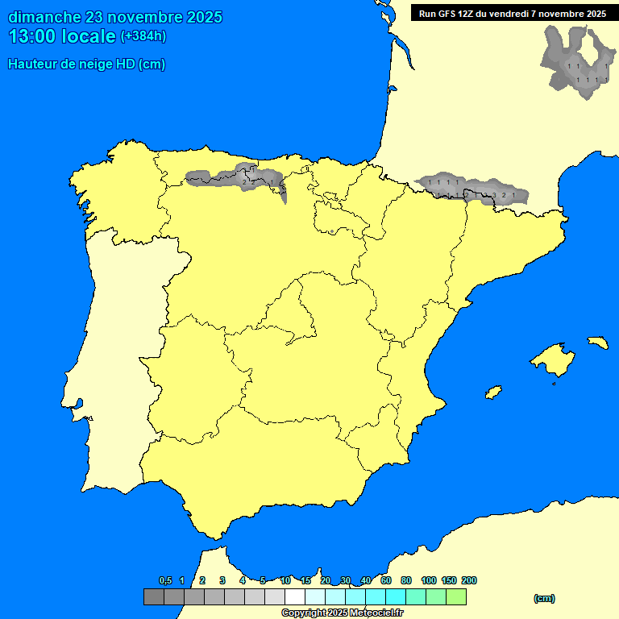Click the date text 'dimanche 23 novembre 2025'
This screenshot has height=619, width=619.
click(115, 17)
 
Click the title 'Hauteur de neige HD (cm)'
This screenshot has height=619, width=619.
click(86, 64)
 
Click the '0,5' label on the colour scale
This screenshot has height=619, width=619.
click(165, 580)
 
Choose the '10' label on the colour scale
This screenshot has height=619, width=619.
click(285, 580)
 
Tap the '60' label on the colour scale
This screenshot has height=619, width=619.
click(386, 580)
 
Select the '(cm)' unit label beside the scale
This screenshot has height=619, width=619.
click(544, 598)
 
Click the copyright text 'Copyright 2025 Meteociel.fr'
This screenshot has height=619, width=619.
click(342, 613)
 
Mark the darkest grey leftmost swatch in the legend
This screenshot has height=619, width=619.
click(153, 597)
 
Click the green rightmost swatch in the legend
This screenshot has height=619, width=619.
click(456, 597)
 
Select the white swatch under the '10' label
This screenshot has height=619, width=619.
click(294, 597)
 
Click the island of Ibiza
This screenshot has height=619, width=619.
click(493, 392)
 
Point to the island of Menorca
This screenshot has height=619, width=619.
click(597, 342)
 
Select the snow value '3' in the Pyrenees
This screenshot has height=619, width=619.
click(494, 195)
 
